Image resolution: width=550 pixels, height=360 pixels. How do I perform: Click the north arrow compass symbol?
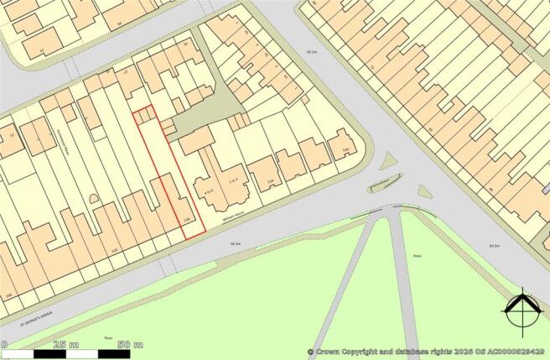tap(521, 311)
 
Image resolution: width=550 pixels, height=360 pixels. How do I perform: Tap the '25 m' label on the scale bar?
tap(64, 345)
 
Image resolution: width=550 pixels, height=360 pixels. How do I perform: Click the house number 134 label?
tap(270, 182)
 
